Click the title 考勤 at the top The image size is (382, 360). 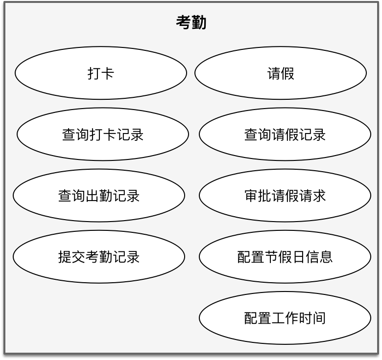point(191,22)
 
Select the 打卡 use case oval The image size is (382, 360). point(101,73)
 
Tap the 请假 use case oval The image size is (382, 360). point(281,73)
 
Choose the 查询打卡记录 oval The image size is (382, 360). point(103,135)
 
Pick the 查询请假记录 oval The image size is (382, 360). point(285,135)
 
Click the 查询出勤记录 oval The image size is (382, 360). point(99,196)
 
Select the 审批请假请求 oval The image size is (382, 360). point(285,196)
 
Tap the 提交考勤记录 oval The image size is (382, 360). point(99,257)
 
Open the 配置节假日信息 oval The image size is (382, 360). point(285,257)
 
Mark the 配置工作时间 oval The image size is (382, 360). point(285,318)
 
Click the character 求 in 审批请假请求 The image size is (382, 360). point(319,196)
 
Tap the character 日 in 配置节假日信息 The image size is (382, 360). point(299,257)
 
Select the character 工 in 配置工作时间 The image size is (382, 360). point(278,318)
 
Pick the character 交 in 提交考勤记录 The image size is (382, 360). point(78,257)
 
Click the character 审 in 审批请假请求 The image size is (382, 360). point(251,196)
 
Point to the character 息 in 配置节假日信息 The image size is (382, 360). point(326,257)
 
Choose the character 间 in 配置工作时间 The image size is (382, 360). point(319,318)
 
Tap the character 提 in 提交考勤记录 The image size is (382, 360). point(65,257)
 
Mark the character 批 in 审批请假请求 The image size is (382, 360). point(264,196)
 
